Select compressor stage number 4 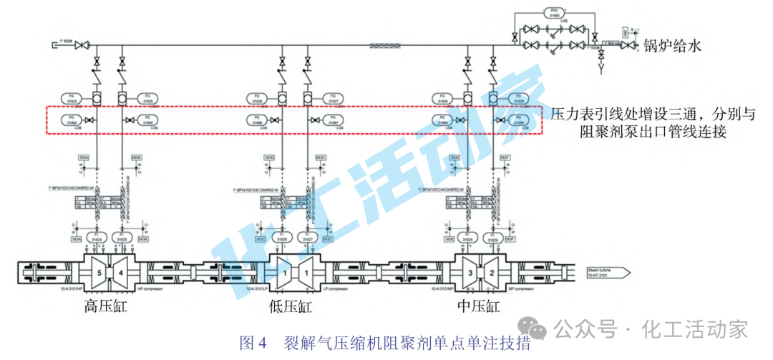pos(120,272)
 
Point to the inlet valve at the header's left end pos(82,46)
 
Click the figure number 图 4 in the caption pos(253,341)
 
